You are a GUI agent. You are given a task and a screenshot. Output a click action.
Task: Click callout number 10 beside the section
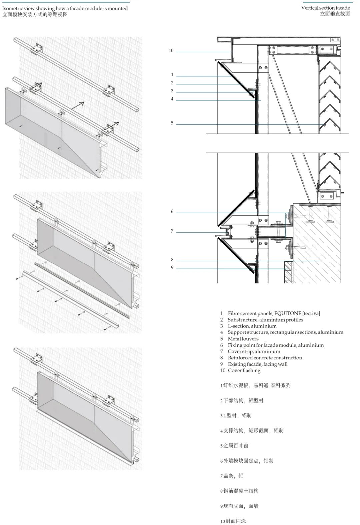point(171,51)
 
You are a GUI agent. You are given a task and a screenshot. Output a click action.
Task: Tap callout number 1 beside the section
point(172,75)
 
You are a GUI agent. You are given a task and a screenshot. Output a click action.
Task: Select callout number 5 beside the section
point(172,123)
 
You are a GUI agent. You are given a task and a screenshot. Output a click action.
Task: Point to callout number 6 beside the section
point(172,211)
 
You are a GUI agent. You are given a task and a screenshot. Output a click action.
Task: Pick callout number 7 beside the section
point(172,231)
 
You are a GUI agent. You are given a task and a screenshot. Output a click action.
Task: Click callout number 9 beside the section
point(172,267)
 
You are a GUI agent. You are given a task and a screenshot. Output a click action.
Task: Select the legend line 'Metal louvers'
point(243,339)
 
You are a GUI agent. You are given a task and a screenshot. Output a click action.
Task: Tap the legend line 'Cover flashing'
point(244,370)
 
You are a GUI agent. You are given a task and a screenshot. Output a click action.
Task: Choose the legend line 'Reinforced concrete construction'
point(265,358)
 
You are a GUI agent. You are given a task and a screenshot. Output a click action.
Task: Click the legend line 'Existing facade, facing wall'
point(257,364)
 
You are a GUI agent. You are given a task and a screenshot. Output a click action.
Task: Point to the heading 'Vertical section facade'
point(325,8)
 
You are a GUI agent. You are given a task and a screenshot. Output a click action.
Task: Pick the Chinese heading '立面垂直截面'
point(335,14)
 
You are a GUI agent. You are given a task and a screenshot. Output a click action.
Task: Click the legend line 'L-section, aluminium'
point(252,326)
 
